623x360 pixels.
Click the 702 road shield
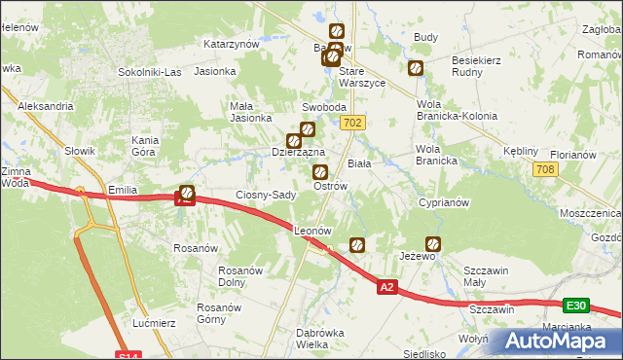point(353,123)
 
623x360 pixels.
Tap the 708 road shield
point(545,170)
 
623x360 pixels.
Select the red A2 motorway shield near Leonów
point(387,286)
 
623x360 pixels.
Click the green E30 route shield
point(576,305)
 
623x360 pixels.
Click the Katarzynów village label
point(231,44)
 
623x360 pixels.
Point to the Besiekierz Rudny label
point(476,65)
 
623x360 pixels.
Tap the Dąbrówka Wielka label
point(325,339)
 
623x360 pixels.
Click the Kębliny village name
point(521,152)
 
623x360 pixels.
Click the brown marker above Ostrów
point(319,172)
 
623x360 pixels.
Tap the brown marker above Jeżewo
point(433,244)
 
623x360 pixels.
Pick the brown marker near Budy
point(416,68)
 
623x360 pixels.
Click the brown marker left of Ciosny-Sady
point(187,194)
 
